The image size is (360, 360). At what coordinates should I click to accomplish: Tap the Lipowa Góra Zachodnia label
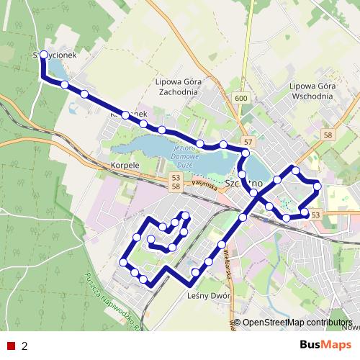coord(181,87)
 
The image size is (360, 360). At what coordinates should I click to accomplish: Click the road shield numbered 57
coord(248,143)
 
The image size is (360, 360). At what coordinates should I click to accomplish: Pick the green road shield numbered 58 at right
coord(328,135)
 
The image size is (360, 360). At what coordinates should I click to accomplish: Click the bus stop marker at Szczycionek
coord(44,55)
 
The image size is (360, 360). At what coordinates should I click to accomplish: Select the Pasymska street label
coord(204,185)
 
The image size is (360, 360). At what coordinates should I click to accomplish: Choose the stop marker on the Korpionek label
coord(125,115)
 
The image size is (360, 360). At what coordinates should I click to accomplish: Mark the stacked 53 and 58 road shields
coord(175,181)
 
